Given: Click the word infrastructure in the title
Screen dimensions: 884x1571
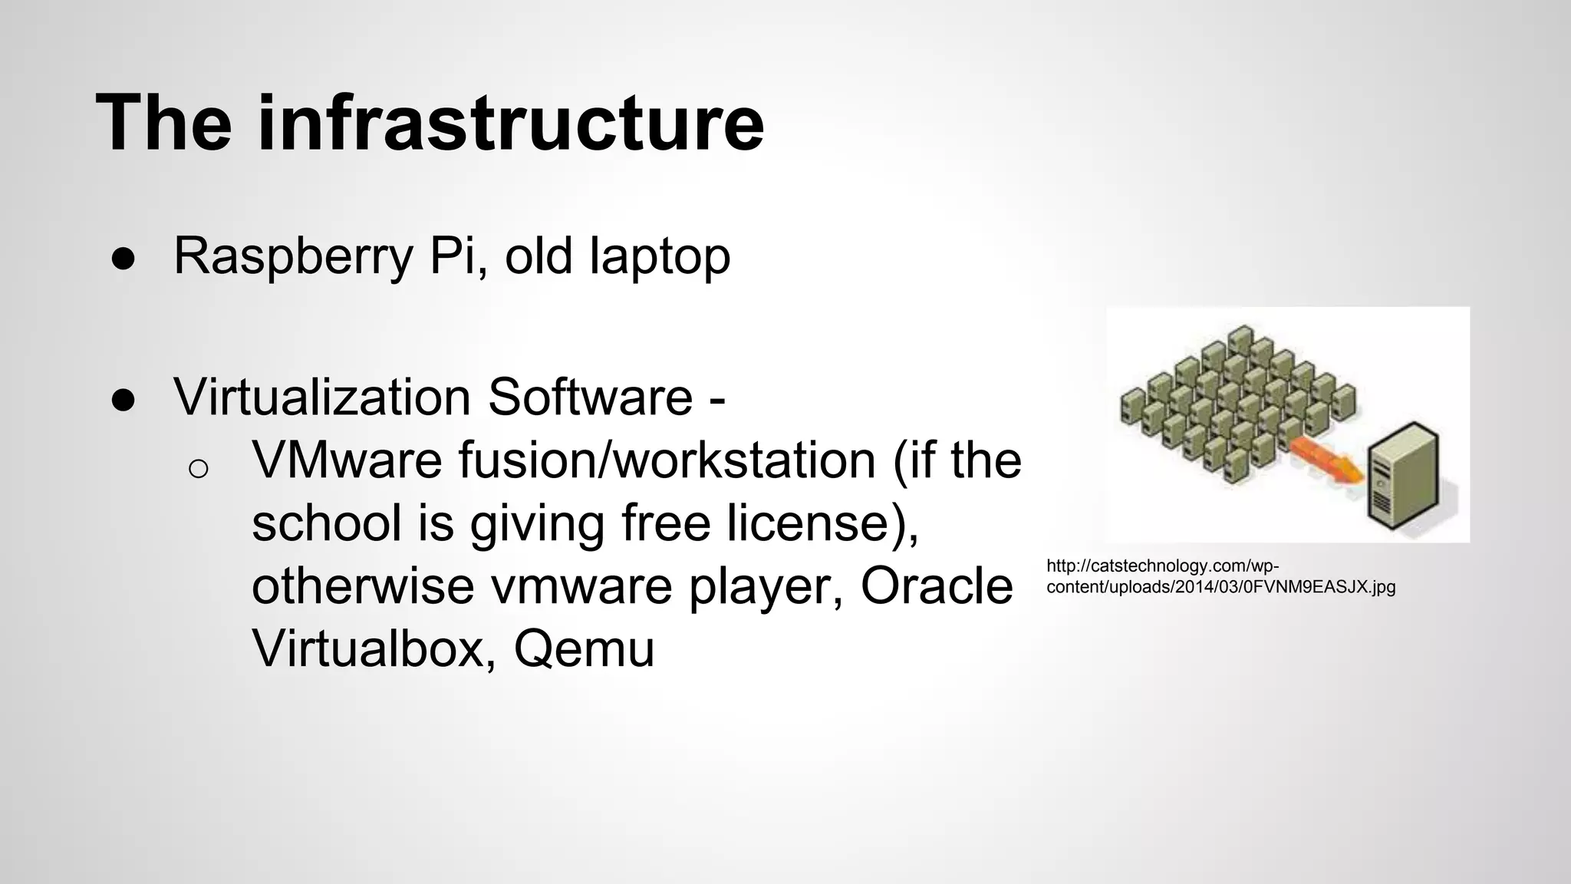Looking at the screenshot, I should pyautogui.click(x=510, y=123).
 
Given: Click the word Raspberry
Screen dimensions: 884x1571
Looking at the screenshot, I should pyautogui.click(x=294, y=257).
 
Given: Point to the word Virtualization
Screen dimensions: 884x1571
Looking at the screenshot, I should pyautogui.click(x=322, y=397).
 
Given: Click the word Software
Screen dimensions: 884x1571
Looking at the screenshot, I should pyautogui.click(x=590, y=397).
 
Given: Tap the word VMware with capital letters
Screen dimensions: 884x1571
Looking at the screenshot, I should pyautogui.click(x=347, y=460).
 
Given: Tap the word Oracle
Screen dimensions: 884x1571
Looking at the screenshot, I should pyautogui.click(x=937, y=586).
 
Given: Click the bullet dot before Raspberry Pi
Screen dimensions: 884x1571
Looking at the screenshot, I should pyautogui.click(x=123, y=259).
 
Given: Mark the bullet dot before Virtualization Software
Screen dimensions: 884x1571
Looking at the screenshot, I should pyautogui.click(x=123, y=400).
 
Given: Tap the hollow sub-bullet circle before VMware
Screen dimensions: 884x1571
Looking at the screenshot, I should pyautogui.click(x=198, y=468).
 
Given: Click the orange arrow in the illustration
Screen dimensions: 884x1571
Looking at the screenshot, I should pyautogui.click(x=1326, y=461).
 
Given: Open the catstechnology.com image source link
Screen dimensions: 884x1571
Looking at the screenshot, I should pyautogui.click(x=1220, y=577).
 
